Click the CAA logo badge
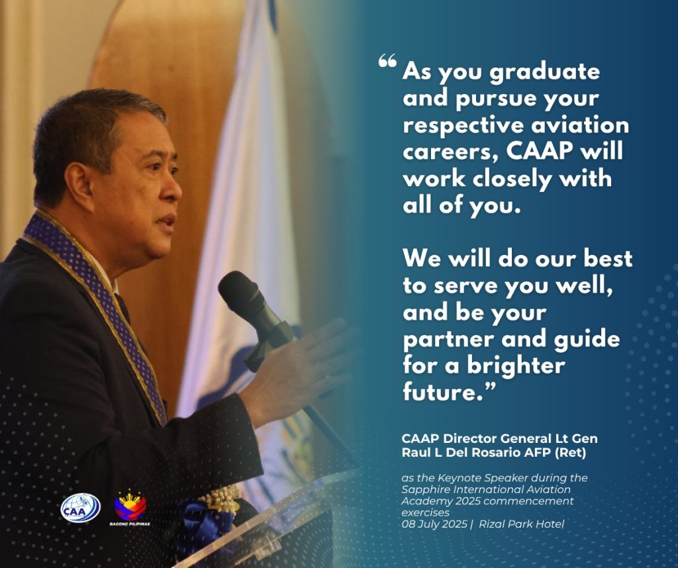coord(80,508)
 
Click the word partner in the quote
coord(449,340)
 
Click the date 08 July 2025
coord(434,524)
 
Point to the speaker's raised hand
coord(299,367)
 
